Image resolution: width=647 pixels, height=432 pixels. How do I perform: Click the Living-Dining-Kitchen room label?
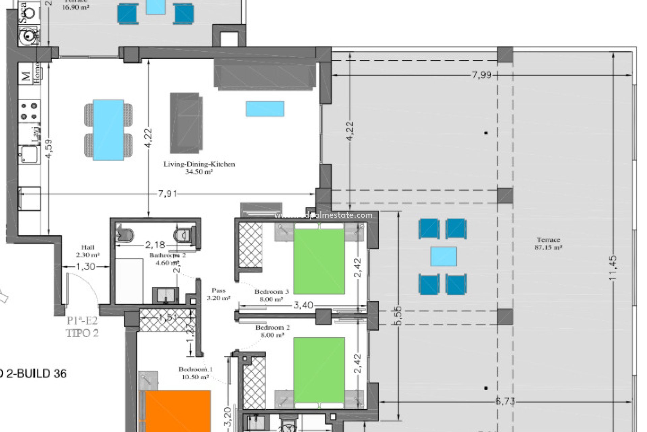[199, 168]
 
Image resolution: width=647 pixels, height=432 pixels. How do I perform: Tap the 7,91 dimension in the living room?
[167, 194]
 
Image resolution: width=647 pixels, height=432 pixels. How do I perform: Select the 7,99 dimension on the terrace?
[482, 75]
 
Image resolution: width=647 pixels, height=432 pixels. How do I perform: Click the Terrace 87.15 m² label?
[548, 243]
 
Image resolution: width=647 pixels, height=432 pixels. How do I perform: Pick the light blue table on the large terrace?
[443, 256]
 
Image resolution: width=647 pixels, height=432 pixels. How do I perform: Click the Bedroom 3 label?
[272, 295]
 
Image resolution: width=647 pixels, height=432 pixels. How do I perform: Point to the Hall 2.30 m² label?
[88, 251]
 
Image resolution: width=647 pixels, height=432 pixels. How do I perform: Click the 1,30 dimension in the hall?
[86, 267]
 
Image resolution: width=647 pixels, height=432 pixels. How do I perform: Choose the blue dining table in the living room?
[108, 130]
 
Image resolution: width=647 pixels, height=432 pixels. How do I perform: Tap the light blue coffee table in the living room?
[265, 109]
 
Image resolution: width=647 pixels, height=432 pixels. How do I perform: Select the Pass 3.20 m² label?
[218, 294]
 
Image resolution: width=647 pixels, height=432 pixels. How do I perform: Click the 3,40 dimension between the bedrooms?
[303, 305]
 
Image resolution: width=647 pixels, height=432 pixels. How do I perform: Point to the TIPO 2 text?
[82, 333]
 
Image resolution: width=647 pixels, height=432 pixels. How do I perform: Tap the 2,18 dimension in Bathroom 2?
[155, 244]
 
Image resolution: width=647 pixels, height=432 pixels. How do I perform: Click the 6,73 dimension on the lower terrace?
[505, 401]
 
